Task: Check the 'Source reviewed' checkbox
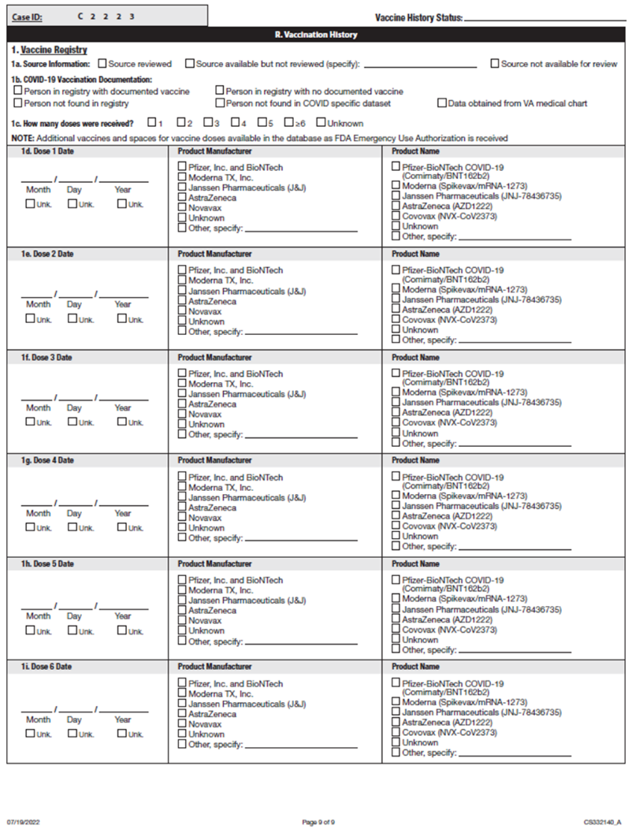(102, 64)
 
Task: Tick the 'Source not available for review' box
(495, 64)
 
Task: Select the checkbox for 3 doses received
(207, 123)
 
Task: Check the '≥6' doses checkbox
(289, 123)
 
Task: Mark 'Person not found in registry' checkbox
(18, 102)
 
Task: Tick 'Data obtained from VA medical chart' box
(441, 102)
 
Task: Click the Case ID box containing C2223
(107, 16)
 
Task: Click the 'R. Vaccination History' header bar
(315, 35)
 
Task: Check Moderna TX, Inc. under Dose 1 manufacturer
(182, 177)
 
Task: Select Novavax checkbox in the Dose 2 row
(182, 311)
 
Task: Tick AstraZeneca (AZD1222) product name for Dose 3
(396, 412)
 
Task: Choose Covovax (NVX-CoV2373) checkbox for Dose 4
(396, 526)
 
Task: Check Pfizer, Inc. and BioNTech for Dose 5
(182, 580)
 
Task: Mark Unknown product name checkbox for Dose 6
(396, 742)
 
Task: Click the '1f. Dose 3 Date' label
(47, 358)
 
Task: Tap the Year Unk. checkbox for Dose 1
(121, 204)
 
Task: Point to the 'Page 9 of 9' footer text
(318, 821)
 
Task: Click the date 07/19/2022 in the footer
(23, 821)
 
